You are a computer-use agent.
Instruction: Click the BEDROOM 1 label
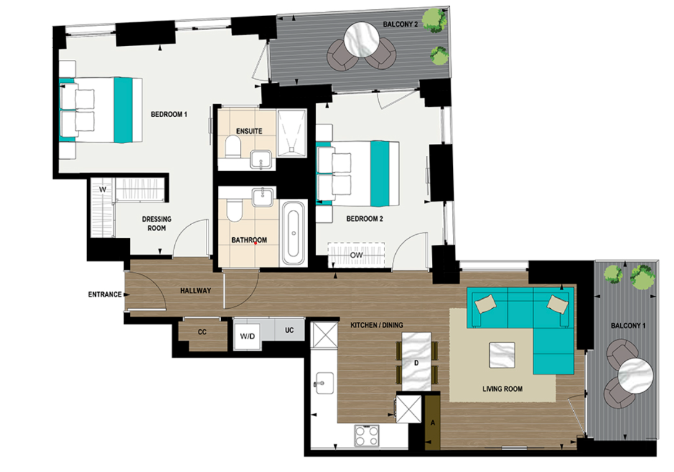169,115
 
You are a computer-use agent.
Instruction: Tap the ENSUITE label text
249,131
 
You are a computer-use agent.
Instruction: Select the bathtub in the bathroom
293,232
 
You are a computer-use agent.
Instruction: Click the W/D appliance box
248,336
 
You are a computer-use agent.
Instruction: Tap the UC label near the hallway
289,330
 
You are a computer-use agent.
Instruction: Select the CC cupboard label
202,332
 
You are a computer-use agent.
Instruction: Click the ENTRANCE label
105,295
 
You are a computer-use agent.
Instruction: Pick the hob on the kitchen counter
367,434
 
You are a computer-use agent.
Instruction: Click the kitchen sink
324,382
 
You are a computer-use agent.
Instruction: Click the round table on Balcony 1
635,376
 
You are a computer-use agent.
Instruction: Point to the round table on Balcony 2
362,40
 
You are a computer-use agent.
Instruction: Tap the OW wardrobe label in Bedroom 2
357,255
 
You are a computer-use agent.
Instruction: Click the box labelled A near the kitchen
433,424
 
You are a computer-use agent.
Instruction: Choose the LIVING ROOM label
502,389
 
